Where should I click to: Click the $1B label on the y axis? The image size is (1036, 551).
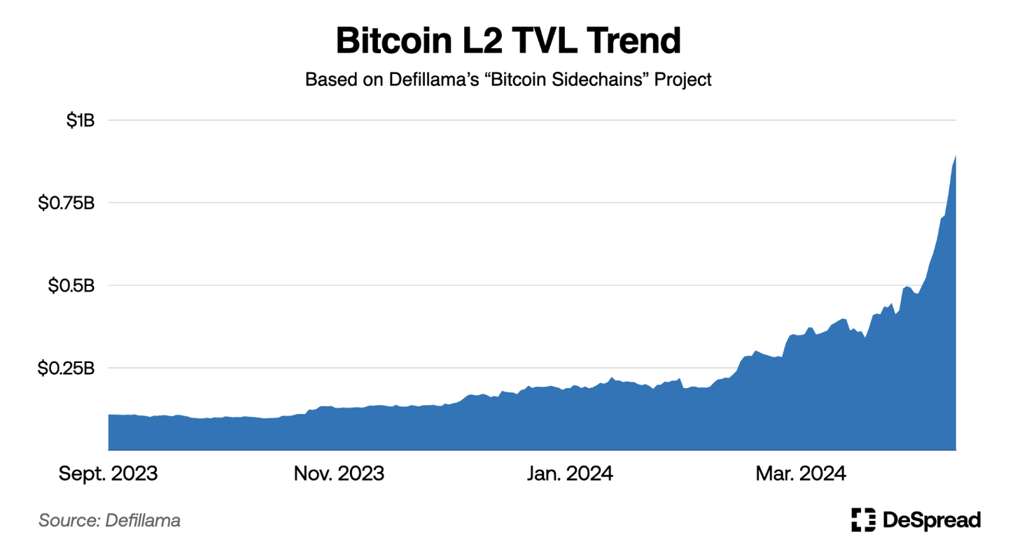[x=80, y=120]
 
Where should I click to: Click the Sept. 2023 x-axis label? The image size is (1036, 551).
[x=108, y=473]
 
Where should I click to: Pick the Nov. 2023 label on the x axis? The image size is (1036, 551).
[x=339, y=473]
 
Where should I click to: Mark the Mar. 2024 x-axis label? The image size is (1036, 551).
[x=801, y=473]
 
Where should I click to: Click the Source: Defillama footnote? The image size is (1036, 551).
[x=109, y=520]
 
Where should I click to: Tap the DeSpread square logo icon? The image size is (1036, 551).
[x=863, y=520]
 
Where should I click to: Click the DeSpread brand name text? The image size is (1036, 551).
[x=932, y=520]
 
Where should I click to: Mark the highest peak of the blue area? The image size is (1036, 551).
[x=955, y=156]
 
